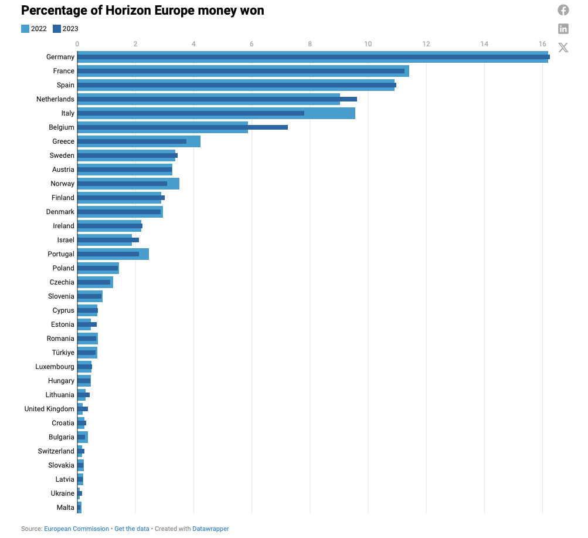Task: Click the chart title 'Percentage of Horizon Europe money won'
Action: [142, 10]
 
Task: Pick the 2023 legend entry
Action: [65, 29]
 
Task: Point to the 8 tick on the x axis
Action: [310, 44]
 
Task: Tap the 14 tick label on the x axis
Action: [484, 44]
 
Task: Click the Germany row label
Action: [60, 57]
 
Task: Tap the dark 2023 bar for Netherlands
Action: [217, 99]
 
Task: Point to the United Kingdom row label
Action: [49, 409]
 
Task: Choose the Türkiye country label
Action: [63, 353]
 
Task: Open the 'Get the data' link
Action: [132, 529]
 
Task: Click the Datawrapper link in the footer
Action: [210, 529]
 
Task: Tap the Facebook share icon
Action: [563, 10]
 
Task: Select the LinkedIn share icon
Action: [563, 29]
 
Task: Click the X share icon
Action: [563, 48]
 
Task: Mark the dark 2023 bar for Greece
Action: [132, 141]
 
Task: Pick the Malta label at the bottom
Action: [65, 507]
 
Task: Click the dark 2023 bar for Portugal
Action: [108, 254]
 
